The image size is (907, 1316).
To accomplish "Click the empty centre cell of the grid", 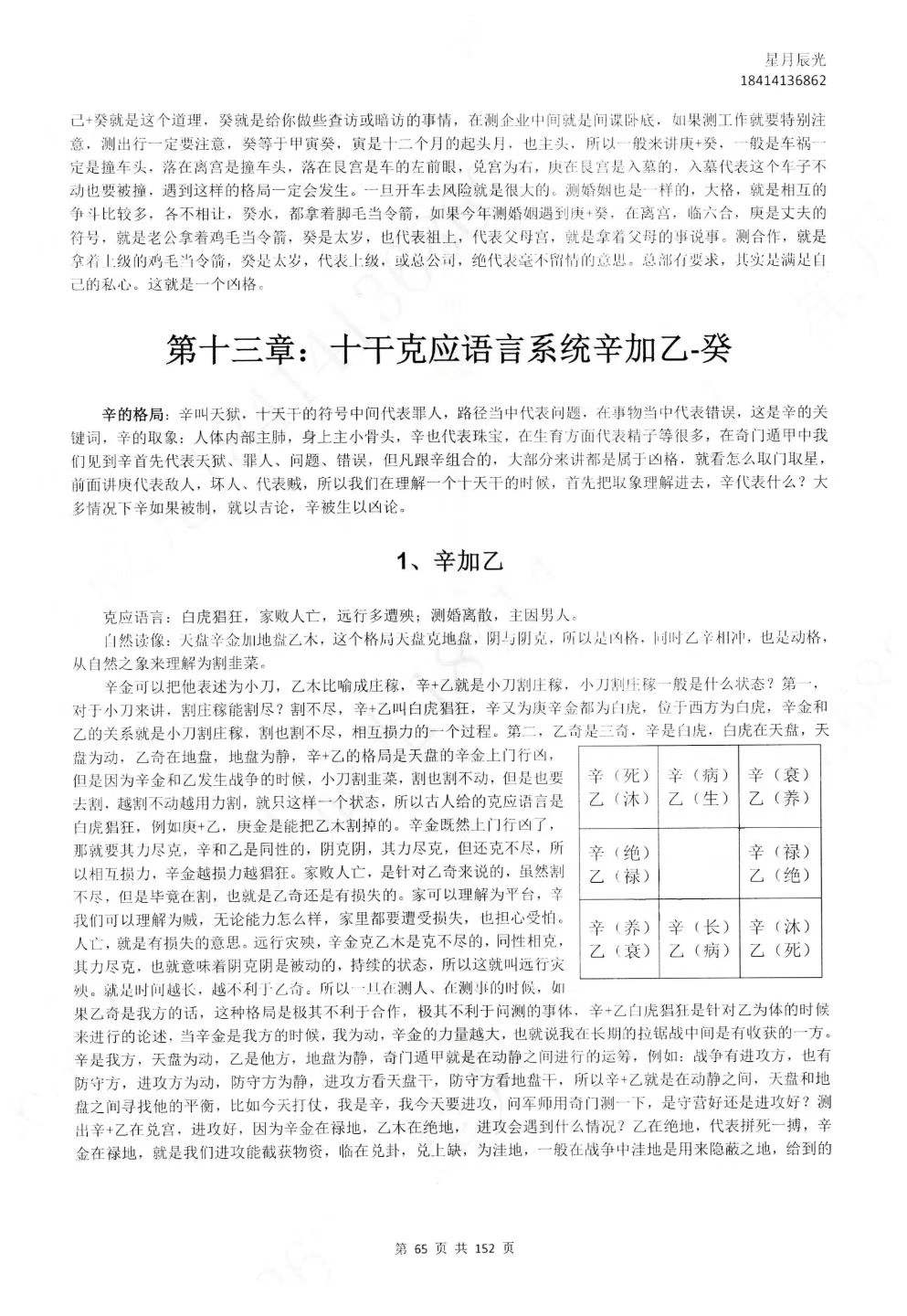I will (699, 864).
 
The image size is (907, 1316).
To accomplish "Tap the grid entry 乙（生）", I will (699, 798).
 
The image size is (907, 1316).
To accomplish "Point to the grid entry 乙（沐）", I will (619, 798).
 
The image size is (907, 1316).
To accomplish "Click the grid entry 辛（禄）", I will (778, 852).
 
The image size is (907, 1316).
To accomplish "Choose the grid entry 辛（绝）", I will (619, 852).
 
